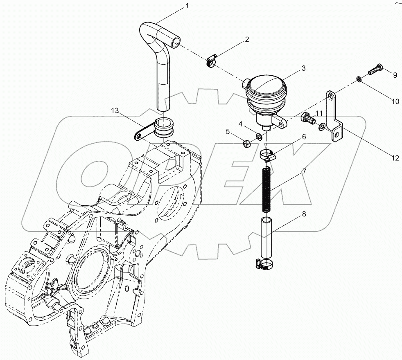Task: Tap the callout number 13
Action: pos(115,110)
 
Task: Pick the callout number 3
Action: pos(303,68)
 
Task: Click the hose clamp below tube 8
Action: pos(265,264)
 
